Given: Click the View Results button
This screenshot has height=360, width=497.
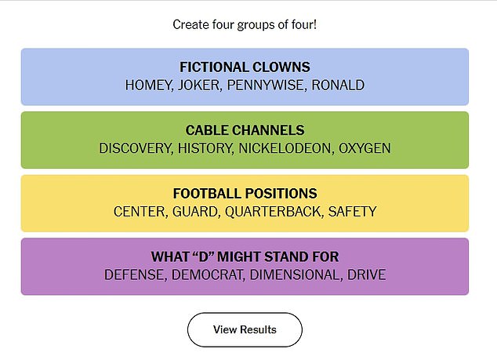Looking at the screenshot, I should tap(245, 329).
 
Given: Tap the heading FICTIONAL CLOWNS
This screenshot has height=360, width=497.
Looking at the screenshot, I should tap(245, 67).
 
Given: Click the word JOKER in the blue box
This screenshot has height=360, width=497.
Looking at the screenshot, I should tap(200, 85).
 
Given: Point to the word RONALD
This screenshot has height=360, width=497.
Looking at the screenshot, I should tap(338, 85).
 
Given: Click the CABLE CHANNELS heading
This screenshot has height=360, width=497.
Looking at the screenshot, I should tap(245, 130).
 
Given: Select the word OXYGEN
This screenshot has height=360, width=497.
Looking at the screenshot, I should tap(365, 148).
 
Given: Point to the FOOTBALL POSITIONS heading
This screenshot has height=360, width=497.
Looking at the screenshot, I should tap(245, 194).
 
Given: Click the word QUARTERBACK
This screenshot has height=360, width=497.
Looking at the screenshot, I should tap(278, 212).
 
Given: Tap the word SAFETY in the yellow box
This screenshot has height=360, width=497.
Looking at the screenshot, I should tap(352, 212).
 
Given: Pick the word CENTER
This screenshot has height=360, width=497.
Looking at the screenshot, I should tap(139, 212).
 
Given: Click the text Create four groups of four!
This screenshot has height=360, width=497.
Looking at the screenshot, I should tap(245, 24).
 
